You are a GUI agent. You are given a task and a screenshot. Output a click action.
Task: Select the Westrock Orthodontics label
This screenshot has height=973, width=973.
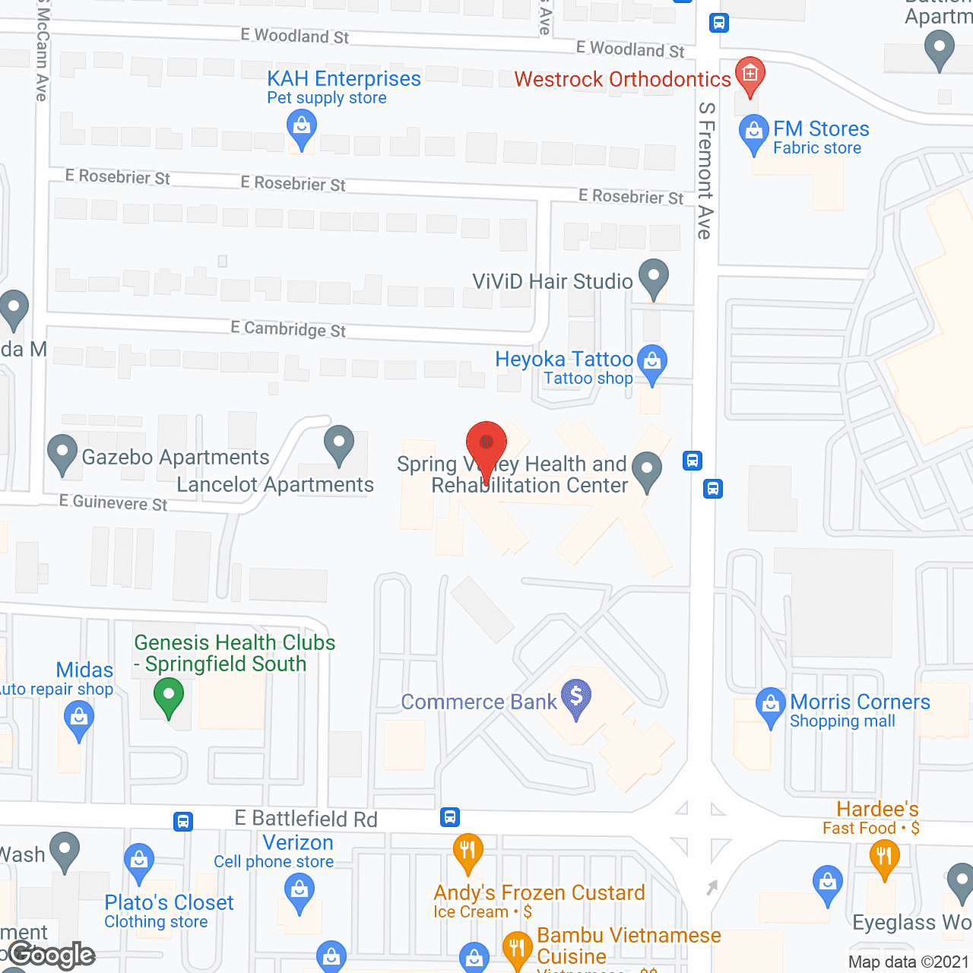(x=623, y=79)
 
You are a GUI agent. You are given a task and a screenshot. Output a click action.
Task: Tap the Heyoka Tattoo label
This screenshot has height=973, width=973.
(x=564, y=359)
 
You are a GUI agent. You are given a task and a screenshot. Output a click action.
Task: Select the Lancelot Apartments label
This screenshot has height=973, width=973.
(x=275, y=485)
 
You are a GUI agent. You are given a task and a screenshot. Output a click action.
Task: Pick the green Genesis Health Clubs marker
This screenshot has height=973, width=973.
(x=169, y=695)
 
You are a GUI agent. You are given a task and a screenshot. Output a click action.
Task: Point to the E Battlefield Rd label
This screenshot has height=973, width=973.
(x=306, y=819)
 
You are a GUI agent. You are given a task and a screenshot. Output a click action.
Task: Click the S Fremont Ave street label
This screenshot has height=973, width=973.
(x=705, y=171)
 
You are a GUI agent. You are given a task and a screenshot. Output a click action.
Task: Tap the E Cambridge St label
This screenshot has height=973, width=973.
(x=288, y=329)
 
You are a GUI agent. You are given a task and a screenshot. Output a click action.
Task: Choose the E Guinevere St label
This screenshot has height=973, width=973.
(x=113, y=503)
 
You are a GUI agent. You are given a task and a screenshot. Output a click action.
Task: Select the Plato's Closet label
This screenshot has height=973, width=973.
(x=169, y=902)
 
